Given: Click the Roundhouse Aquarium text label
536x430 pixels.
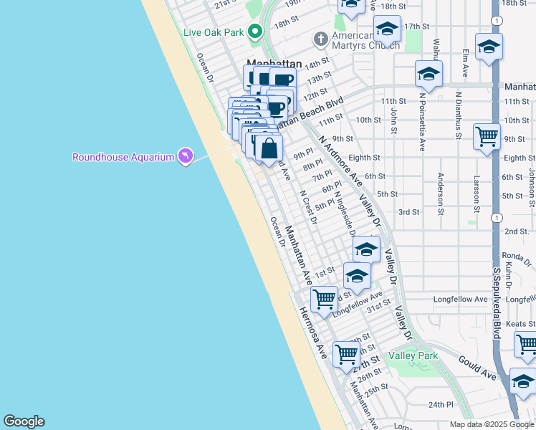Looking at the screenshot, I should [123, 157].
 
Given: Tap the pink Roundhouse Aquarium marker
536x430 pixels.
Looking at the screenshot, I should [186, 156].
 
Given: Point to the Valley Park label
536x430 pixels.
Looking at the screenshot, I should [413, 355].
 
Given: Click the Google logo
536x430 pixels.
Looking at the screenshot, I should [24, 421].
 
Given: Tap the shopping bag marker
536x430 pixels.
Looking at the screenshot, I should [269, 149].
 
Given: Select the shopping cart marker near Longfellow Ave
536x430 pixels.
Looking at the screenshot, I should [324, 299].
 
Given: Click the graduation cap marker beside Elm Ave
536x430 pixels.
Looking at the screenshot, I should [489, 47].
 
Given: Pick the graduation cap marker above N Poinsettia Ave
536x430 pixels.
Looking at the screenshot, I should [429, 74].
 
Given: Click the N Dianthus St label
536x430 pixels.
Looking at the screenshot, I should [459, 112].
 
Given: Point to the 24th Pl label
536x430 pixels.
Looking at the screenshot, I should [442, 405].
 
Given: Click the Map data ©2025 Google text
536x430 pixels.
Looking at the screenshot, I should [491, 424].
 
